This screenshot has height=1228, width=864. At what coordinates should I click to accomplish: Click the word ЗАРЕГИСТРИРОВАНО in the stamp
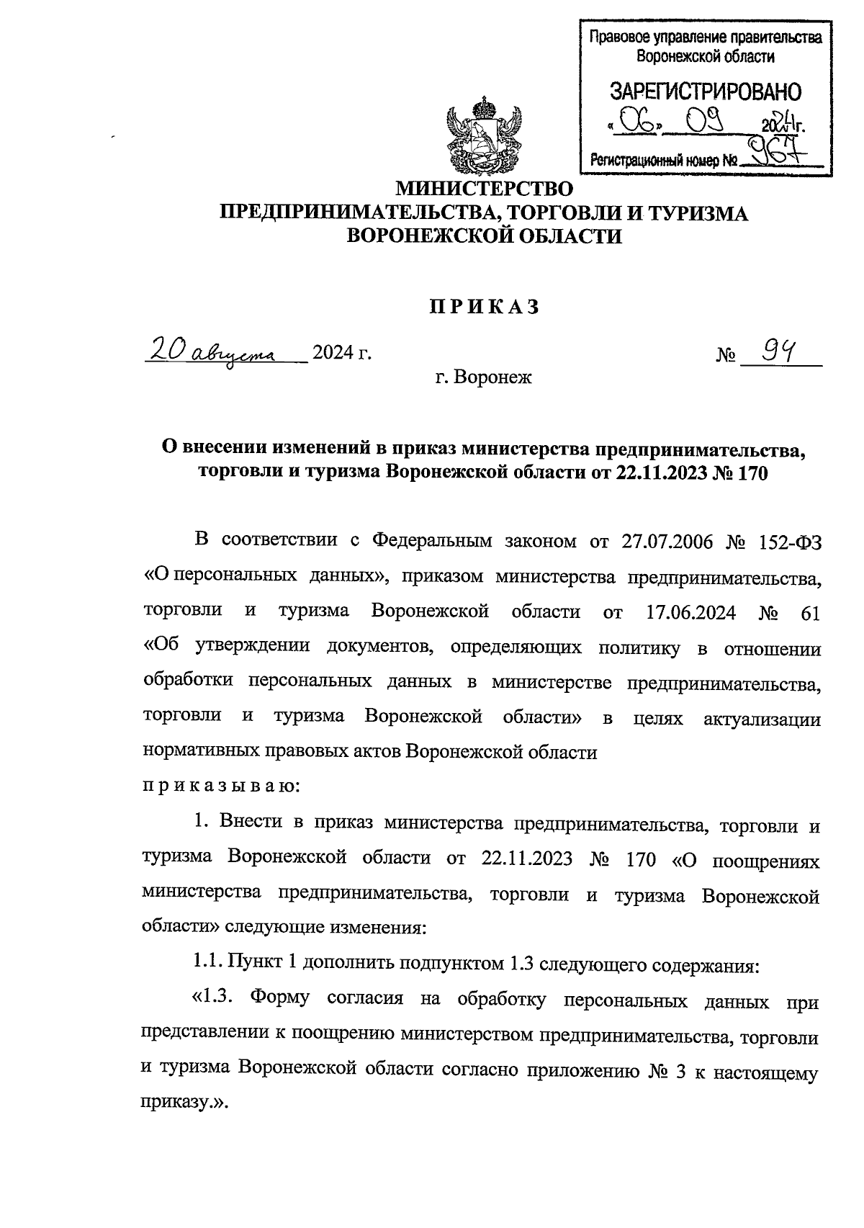705,92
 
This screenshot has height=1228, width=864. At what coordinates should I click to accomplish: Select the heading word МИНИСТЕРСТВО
486,189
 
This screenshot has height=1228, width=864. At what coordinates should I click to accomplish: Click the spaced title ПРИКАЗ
485,308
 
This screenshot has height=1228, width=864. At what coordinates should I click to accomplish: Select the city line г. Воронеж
483,376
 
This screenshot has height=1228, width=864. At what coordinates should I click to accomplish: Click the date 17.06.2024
686,612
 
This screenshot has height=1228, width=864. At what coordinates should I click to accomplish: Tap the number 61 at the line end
810,612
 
